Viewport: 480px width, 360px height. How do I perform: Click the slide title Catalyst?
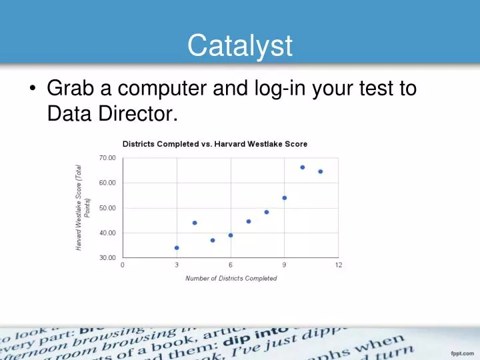240,46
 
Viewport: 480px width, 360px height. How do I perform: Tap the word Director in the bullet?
141,115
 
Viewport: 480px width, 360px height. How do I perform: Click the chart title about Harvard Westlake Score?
215,144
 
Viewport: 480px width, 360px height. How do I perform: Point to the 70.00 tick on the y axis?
107,157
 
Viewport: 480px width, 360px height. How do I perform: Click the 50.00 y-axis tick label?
107,208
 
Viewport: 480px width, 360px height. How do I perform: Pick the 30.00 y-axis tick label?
107,258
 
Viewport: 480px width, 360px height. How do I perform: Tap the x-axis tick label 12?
339,265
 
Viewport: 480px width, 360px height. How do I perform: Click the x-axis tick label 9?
285,265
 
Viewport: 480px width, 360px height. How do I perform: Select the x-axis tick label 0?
122,265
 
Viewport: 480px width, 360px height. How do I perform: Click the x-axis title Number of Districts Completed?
231,278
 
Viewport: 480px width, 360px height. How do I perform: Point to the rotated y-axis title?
83,207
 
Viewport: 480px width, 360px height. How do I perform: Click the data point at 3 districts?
177,248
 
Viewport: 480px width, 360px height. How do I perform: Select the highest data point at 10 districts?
303,167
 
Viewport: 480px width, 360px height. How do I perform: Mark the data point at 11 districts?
321,171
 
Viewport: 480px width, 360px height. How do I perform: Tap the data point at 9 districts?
285,198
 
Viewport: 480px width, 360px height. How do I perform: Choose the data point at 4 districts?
195,223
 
